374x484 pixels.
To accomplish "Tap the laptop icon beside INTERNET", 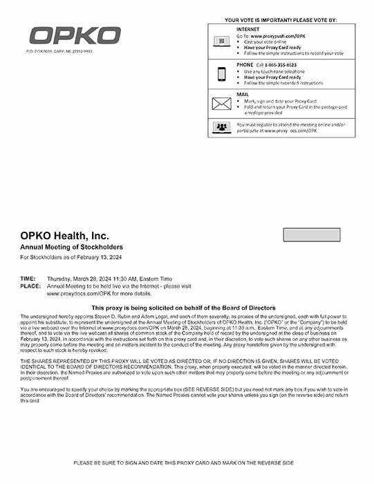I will click(x=222, y=41).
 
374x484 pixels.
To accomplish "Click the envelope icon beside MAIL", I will click(x=222, y=104).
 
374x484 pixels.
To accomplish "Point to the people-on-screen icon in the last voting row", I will click(x=222, y=127).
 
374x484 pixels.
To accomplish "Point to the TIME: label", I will click(x=28, y=279).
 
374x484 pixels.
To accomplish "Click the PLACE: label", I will click(x=30, y=286).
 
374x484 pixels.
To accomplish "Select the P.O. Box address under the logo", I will click(x=59, y=51).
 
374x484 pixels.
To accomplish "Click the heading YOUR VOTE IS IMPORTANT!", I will click(x=281, y=20).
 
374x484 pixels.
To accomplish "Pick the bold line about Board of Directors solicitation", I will click(x=183, y=308).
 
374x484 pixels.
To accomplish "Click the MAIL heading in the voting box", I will click(x=243, y=94).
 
